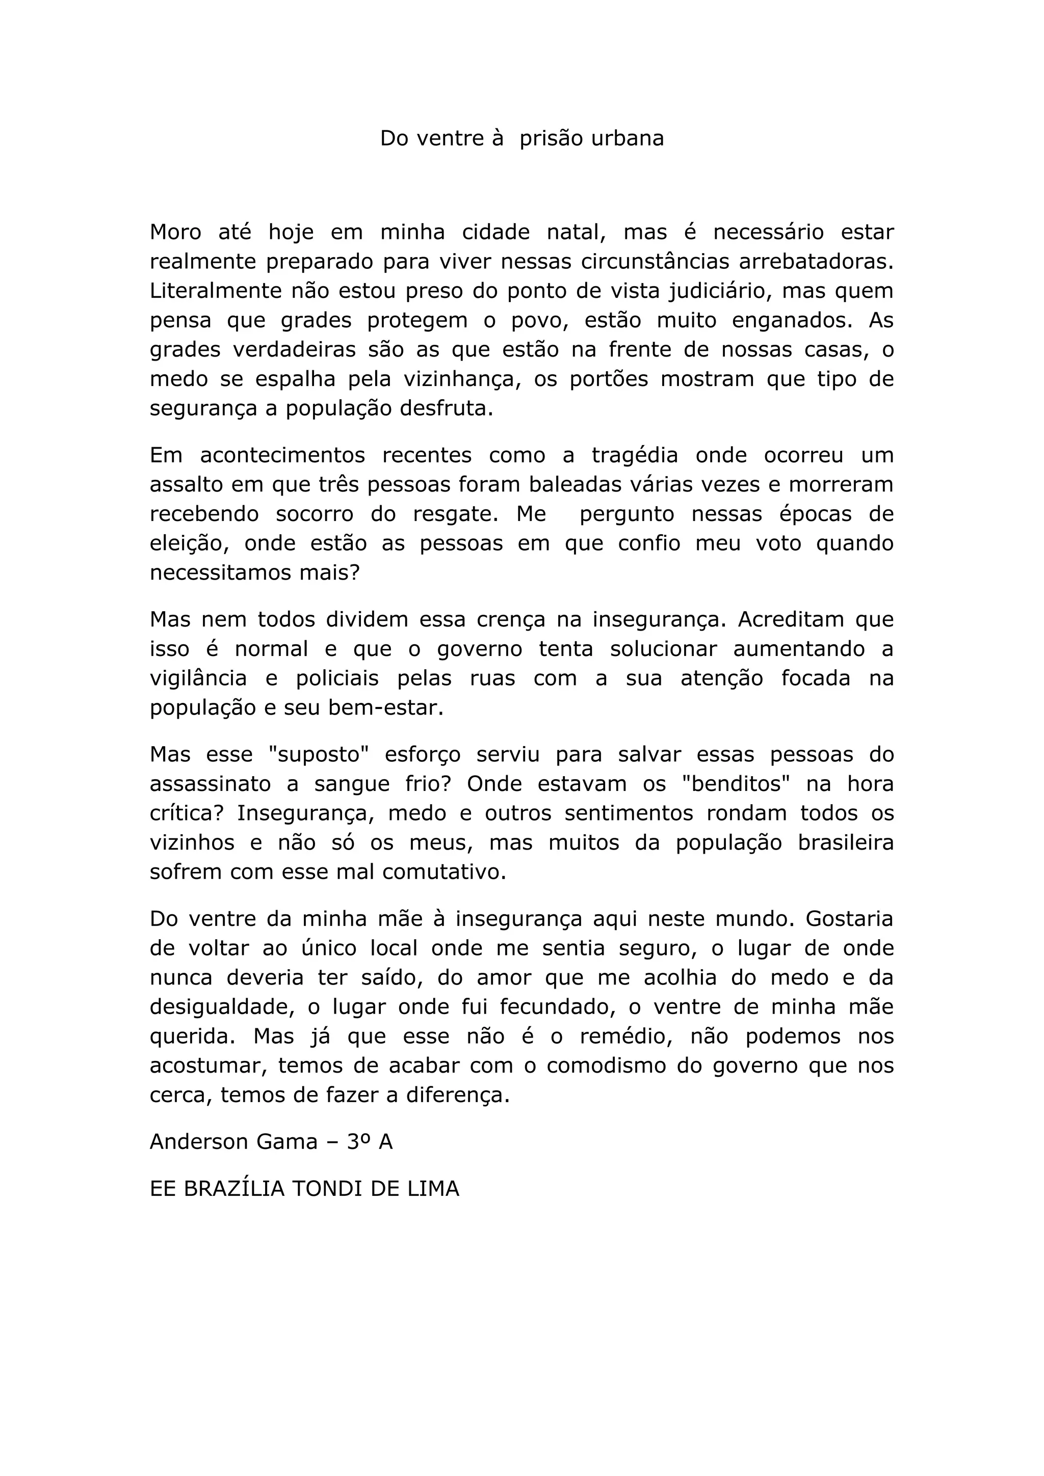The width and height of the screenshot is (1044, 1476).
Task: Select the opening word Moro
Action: point(175,232)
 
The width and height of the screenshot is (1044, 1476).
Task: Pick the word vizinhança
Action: point(461,380)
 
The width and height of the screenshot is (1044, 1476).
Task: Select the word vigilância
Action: point(198,679)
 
